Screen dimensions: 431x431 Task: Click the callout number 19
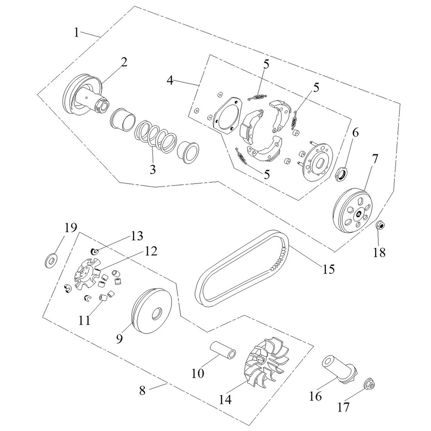[70, 228]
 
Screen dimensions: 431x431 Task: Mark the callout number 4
[171, 81]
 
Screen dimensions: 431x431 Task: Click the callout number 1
[76, 33]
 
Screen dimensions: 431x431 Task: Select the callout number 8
[142, 391]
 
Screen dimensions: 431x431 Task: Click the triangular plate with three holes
[227, 114]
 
